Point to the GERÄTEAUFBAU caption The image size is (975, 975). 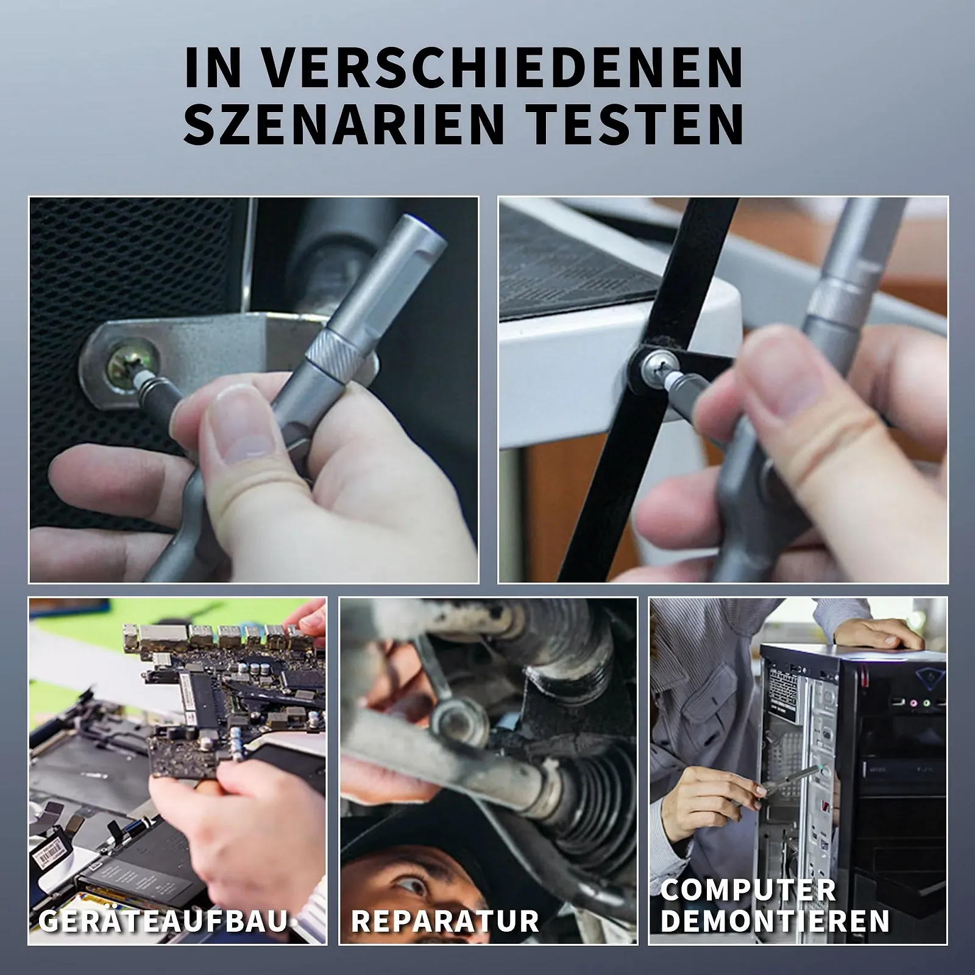163,920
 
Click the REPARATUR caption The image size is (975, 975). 445,920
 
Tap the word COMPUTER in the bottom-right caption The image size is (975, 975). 748,890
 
